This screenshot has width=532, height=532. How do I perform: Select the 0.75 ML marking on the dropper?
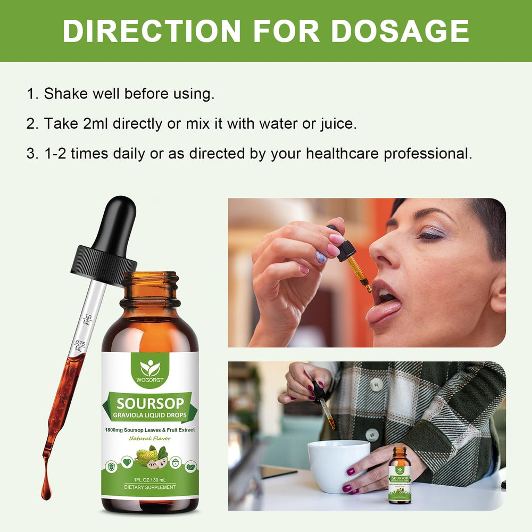[79, 345]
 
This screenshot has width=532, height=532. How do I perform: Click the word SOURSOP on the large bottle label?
[150, 403]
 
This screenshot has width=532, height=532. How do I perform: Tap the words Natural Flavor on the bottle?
[149, 438]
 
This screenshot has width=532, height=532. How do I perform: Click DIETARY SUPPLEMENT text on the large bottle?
[150, 487]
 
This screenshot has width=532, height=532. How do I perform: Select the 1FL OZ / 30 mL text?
[150, 478]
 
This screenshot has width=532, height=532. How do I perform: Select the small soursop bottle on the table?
[400, 475]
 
